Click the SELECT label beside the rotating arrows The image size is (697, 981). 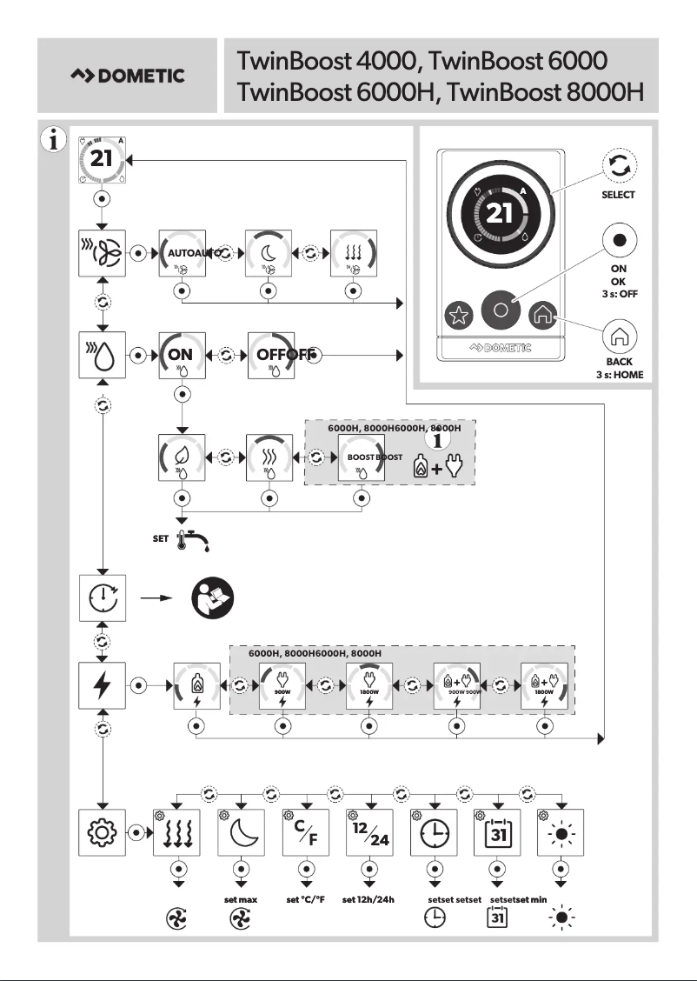[618, 195]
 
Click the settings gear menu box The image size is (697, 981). [103, 833]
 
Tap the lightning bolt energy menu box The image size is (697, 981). [103, 684]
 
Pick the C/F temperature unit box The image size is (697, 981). [306, 833]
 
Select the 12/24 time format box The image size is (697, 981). [370, 833]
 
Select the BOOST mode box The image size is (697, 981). [361, 457]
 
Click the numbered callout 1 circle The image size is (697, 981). [440, 440]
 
